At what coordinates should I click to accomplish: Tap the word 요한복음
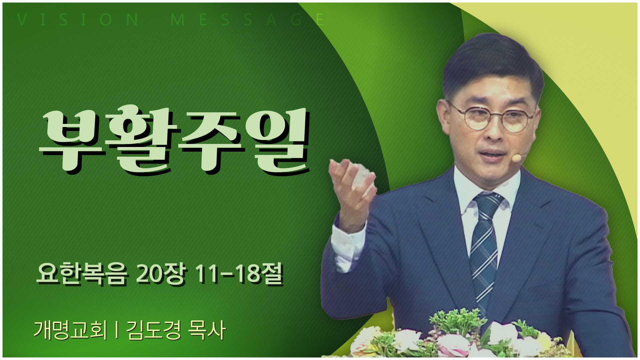(82, 276)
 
